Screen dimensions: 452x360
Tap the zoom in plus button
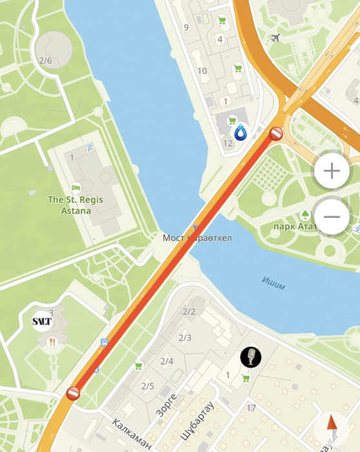(x=332, y=171)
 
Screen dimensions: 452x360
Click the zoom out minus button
(x=332, y=216)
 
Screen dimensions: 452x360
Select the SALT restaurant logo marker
(x=42, y=321)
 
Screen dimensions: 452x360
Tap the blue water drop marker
(x=241, y=133)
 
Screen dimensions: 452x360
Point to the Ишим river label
(x=274, y=281)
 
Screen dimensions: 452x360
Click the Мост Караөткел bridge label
(x=197, y=238)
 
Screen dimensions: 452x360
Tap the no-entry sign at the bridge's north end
(x=275, y=134)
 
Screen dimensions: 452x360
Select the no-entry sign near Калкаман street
(x=73, y=393)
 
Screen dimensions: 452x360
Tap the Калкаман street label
(x=132, y=434)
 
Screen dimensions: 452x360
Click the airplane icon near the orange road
(x=276, y=37)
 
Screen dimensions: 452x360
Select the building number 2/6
(x=45, y=61)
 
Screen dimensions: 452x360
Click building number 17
(x=251, y=407)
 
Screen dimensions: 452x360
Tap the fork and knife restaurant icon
(x=53, y=342)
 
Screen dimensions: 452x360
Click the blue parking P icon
(x=90, y=148)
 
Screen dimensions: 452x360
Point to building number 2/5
(x=148, y=386)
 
